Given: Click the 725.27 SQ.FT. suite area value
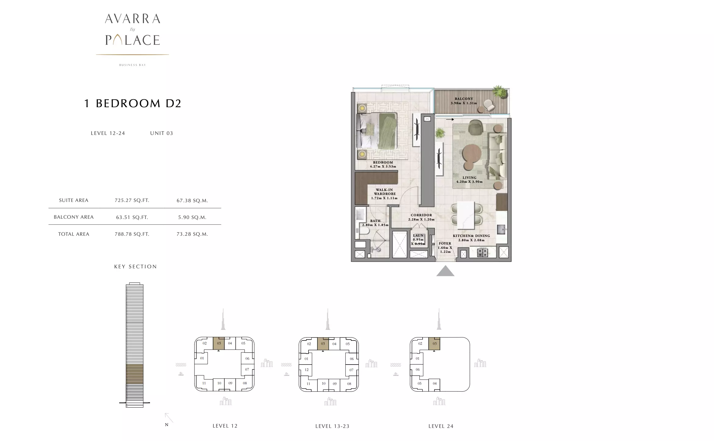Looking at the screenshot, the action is (x=132, y=200).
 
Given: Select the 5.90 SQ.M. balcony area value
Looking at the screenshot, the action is (x=192, y=217).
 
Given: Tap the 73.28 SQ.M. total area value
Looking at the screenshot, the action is (x=192, y=234).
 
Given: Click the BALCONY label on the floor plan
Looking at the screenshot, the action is (x=464, y=99).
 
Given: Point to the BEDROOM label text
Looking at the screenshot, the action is (x=383, y=162).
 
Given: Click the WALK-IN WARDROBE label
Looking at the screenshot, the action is (x=384, y=192).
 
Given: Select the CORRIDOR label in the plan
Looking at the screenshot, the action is (x=421, y=215).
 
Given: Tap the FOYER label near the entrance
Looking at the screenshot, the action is (x=445, y=243).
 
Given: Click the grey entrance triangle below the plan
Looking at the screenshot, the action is (x=445, y=271).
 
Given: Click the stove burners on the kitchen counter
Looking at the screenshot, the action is (x=483, y=253).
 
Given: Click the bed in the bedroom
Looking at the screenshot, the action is (x=377, y=131).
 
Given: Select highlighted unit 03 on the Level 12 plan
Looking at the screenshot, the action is (x=219, y=343).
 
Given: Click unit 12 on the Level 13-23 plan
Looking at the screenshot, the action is (x=306, y=370).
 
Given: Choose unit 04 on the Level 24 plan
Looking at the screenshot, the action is (x=434, y=383).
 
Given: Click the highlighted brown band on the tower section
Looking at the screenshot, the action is (x=134, y=374).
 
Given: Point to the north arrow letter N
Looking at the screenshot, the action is (x=166, y=425).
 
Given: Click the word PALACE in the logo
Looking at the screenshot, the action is (x=133, y=40).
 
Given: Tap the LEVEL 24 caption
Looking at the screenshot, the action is (x=441, y=426).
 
